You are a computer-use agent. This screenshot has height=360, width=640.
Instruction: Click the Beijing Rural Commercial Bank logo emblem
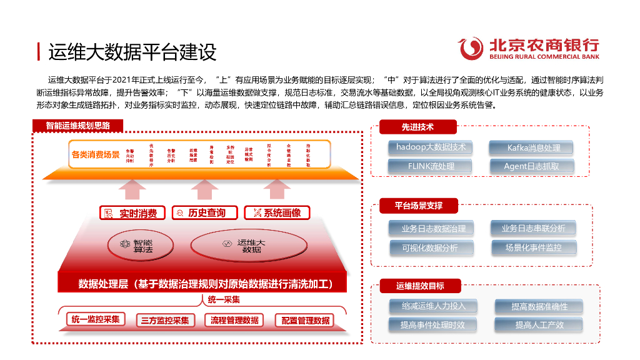tap(472, 47)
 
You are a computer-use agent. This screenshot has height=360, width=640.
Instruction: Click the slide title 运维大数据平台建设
tap(132, 52)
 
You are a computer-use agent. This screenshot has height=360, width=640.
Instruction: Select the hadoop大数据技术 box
tap(431, 147)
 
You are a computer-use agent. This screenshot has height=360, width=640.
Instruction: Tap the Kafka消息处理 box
tap(533, 148)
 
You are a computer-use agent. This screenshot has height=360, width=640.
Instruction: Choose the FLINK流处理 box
tap(431, 166)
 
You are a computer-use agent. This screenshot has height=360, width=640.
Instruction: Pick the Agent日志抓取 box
tap(533, 166)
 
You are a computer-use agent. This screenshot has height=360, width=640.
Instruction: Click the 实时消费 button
tap(132, 213)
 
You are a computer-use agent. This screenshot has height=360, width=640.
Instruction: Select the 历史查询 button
tap(202, 213)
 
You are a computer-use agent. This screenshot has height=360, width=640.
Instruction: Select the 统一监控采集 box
tap(95, 320)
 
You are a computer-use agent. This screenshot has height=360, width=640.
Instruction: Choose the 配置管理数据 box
tap(306, 321)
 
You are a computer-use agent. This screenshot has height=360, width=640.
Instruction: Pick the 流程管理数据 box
tap(234, 321)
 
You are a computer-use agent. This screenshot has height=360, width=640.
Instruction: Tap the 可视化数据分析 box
tap(431, 248)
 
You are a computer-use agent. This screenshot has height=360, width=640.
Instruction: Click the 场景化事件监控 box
tap(533, 247)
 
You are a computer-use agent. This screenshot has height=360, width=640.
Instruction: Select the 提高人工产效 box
tap(539, 325)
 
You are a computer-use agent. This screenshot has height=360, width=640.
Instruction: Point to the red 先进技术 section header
tap(417, 127)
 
